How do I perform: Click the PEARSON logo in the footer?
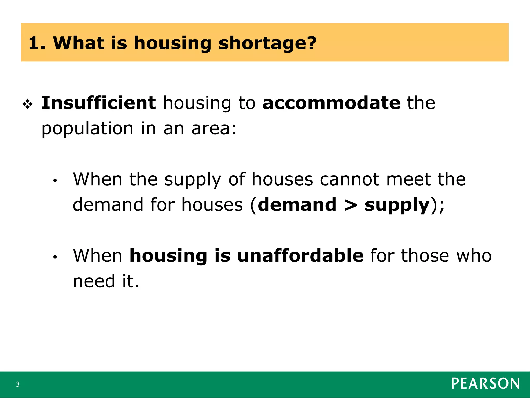485,384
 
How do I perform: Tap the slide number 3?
18,384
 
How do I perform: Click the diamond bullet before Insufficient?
27,104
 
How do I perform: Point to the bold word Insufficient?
98,103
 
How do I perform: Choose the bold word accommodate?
331,103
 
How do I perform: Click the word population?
87,129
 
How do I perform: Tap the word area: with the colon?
214,129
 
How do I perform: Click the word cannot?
350,179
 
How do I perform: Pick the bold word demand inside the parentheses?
297,205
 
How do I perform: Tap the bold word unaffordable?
300,256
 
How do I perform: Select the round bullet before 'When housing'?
55,257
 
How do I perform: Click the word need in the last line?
94,281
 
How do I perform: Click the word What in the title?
79,43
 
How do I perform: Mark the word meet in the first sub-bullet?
408,179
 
